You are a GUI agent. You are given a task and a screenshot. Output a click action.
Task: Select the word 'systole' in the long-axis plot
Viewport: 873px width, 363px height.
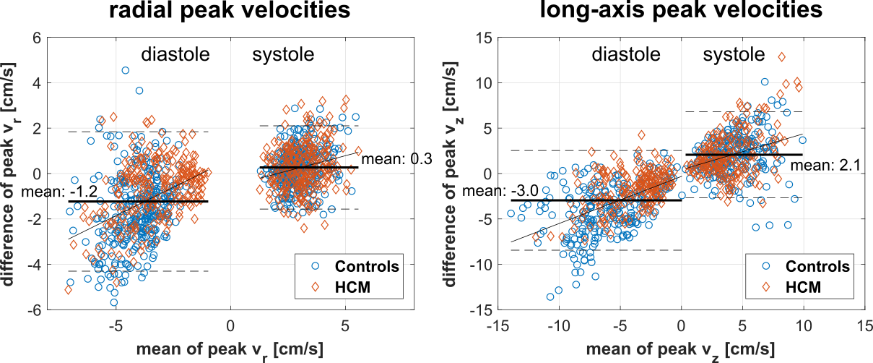coord(734,55)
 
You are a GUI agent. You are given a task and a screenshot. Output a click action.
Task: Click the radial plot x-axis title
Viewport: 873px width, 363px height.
coord(230,351)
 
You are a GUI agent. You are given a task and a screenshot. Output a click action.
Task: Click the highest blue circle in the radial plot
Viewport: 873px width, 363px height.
coord(126,71)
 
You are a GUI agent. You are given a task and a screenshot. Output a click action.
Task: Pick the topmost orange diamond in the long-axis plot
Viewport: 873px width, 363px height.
coord(781,56)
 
